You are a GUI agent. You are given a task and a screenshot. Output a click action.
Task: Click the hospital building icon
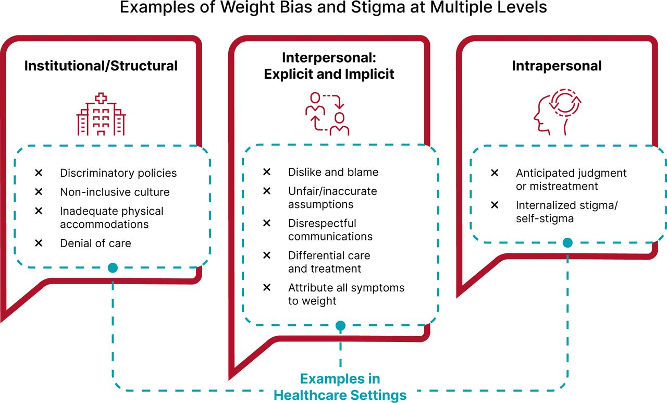pyautogui.click(x=101, y=114)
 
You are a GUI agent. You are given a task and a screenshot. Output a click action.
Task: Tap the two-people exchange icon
pyautogui.click(x=327, y=114)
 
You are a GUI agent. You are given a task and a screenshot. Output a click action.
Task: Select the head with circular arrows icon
pyautogui.click(x=558, y=112)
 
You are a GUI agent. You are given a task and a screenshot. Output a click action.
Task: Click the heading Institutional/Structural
pyautogui.click(x=101, y=66)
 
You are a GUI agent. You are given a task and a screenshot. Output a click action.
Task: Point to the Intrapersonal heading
pyautogui.click(x=557, y=66)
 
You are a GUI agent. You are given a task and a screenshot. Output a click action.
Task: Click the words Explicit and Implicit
pyautogui.click(x=329, y=74)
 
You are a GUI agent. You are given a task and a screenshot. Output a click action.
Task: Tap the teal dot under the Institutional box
pyautogui.click(x=113, y=268)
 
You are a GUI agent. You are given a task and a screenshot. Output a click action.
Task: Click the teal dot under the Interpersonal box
pyautogui.click(x=340, y=325)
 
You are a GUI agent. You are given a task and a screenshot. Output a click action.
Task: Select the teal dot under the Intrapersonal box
pyautogui.click(x=567, y=243)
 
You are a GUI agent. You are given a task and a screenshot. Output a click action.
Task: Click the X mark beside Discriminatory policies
pyautogui.click(x=39, y=173)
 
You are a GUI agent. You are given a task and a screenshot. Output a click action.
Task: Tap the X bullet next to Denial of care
pyautogui.click(x=39, y=243)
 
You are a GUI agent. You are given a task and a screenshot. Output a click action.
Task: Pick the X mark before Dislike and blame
pyautogui.click(x=267, y=172)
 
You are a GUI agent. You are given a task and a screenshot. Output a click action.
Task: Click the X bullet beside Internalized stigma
pyautogui.click(x=495, y=205)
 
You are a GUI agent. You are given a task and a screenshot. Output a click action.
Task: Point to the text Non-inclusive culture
pyautogui.click(x=115, y=192)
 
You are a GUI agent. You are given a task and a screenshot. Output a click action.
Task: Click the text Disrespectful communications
pyautogui.click(x=330, y=229)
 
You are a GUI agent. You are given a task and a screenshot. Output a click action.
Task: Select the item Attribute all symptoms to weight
pyautogui.click(x=347, y=294)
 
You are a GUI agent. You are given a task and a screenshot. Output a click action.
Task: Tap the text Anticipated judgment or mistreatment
pyautogui.click(x=571, y=180)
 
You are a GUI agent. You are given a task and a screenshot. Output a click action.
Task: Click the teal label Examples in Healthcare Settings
pyautogui.click(x=340, y=387)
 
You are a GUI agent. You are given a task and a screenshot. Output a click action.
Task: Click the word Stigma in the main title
pyautogui.click(x=378, y=7)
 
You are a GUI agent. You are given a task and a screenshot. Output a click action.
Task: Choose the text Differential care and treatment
pyautogui.click(x=329, y=262)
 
